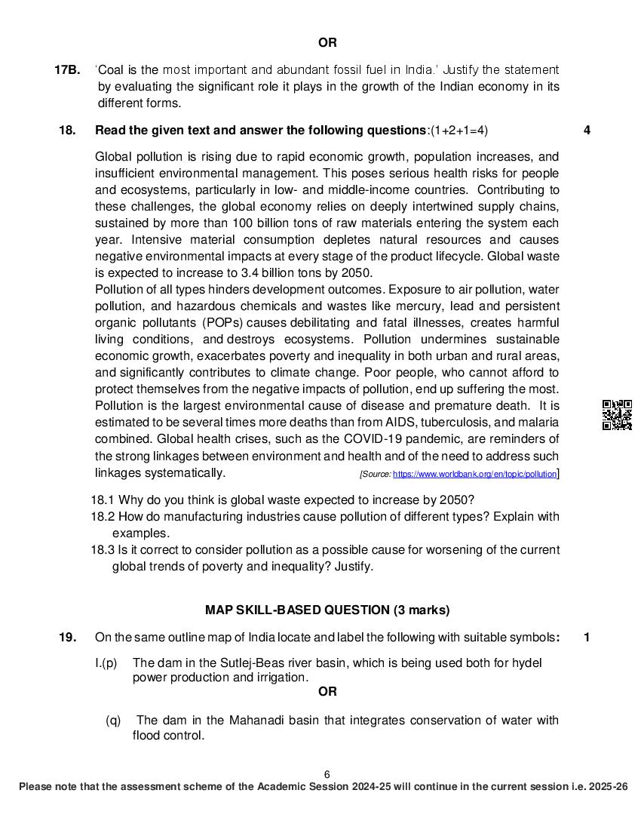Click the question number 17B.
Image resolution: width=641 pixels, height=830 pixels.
click(67, 70)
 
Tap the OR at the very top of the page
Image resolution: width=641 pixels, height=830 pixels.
click(327, 43)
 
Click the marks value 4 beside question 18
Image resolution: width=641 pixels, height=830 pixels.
click(587, 131)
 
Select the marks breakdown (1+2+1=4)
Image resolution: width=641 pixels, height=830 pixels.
click(459, 131)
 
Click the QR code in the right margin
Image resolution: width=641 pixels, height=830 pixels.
click(617, 415)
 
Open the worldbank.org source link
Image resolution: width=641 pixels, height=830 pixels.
click(474, 474)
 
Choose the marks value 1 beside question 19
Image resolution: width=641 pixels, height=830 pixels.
click(587, 638)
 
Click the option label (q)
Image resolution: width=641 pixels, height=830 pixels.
click(113, 721)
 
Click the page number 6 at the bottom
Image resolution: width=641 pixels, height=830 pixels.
click(327, 774)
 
